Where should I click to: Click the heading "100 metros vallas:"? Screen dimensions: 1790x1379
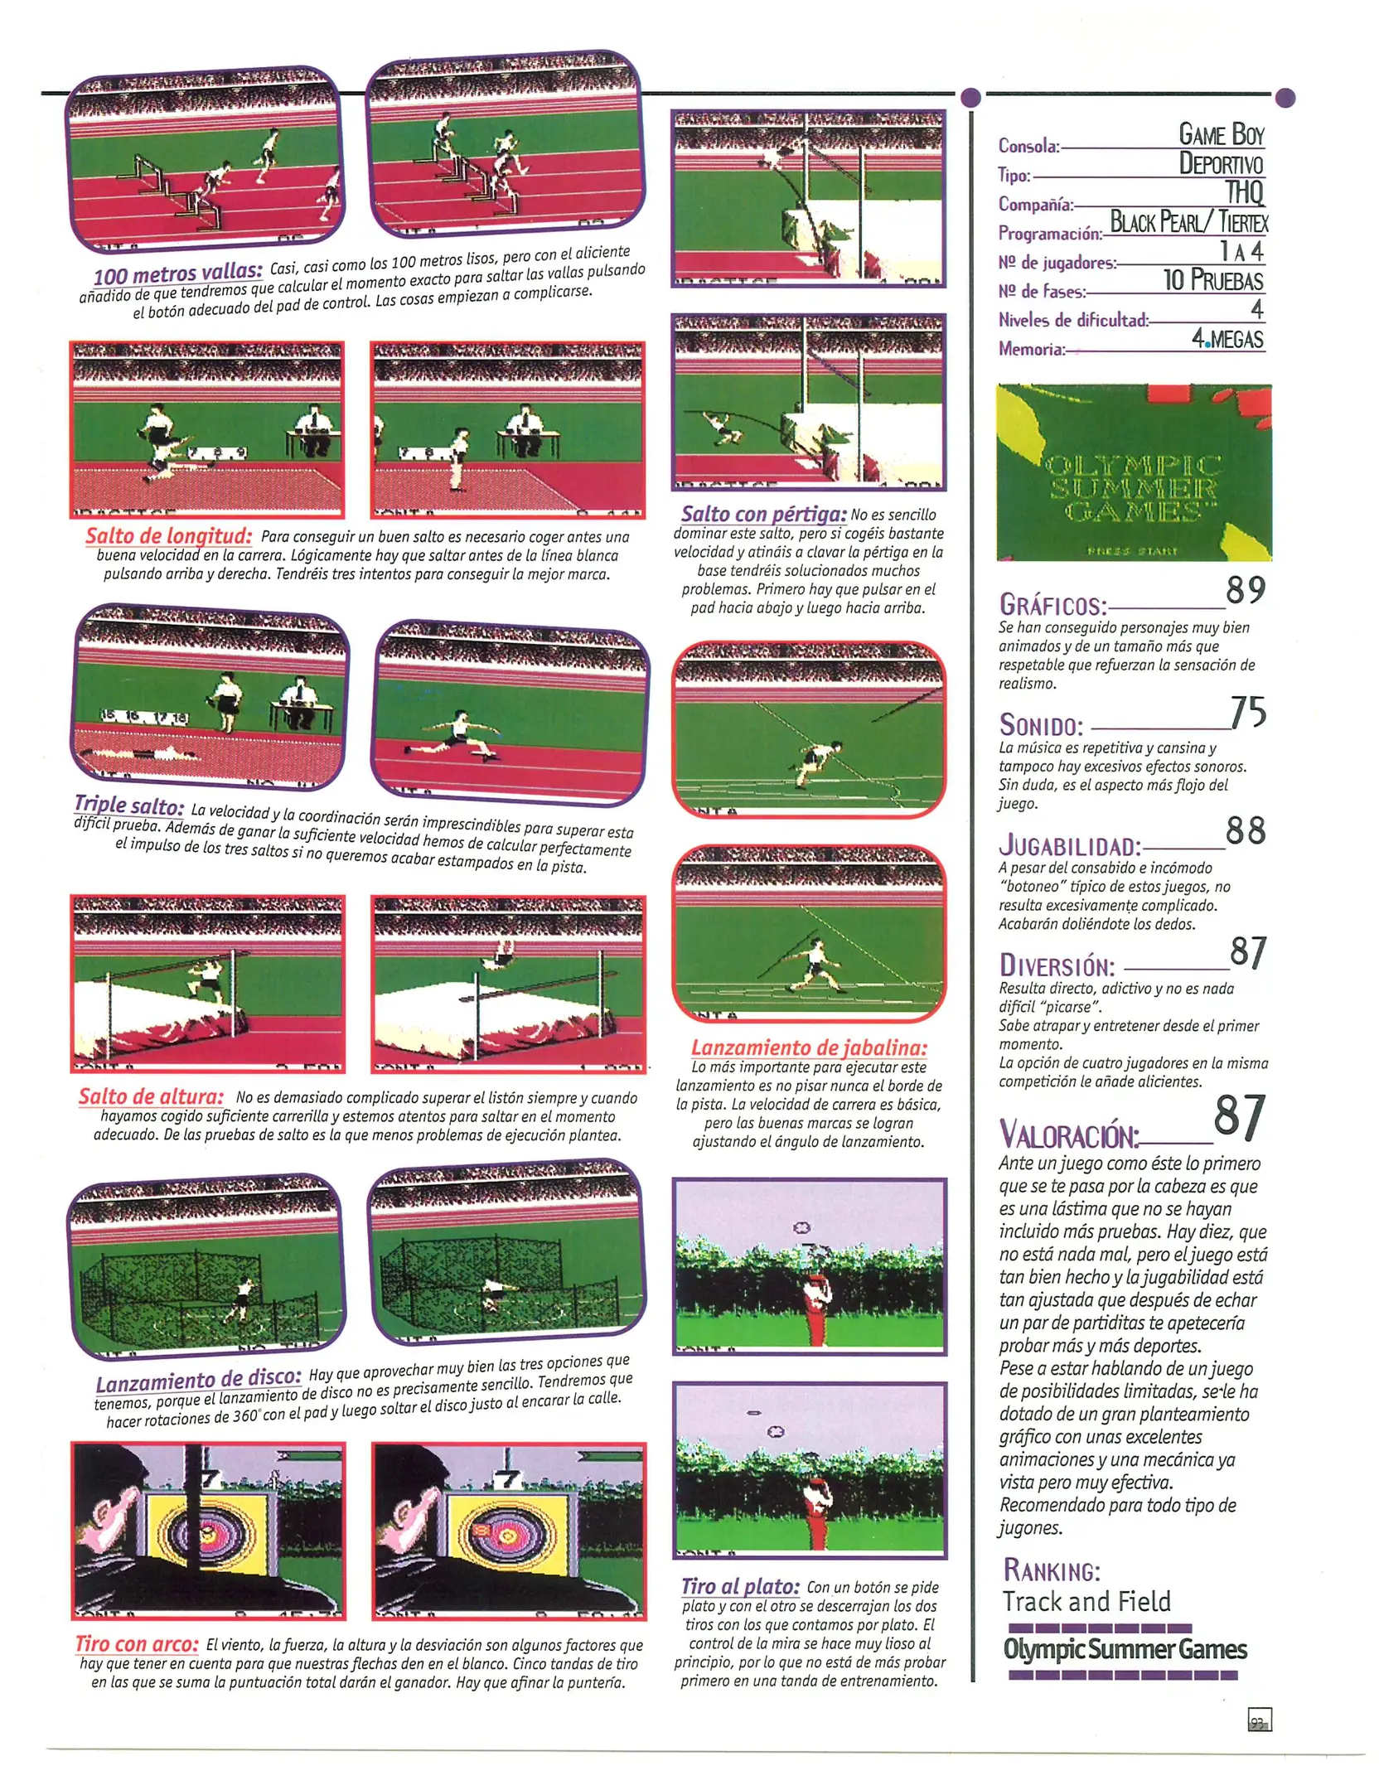pos(177,273)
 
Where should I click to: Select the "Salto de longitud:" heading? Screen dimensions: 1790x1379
pos(168,536)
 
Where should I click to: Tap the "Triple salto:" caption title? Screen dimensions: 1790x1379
pos(128,805)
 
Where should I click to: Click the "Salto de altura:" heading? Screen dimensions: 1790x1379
pos(151,1096)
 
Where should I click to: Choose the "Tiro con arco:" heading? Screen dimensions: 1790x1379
pos(137,1644)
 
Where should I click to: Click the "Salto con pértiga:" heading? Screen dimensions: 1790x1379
pos(763,515)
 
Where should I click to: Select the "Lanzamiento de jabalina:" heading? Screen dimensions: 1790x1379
pos(809,1047)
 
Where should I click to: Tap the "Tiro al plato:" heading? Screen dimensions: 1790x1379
pos(740,1587)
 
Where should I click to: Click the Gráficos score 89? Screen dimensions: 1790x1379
pos(1246,590)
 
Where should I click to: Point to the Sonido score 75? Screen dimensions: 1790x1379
pos(1248,713)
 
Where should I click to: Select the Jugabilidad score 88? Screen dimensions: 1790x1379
pos(1246,831)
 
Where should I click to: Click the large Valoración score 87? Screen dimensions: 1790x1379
pos(1240,1117)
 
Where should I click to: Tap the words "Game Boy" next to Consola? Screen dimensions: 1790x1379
pos(1222,134)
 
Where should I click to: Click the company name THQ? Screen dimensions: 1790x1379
pos(1244,192)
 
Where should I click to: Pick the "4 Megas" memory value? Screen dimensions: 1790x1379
pos(1227,339)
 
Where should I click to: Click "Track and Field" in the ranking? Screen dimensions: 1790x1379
pos(1086,1600)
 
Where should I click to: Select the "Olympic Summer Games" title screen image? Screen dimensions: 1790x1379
pos(1134,472)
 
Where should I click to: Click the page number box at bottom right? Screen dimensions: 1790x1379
pos(1259,1719)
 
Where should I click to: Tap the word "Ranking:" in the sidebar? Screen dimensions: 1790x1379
pos(1052,1570)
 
